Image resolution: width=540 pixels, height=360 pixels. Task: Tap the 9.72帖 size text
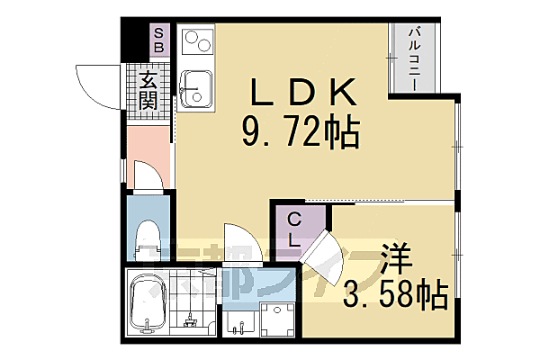coord(301,134)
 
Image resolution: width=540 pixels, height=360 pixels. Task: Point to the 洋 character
coord(397,257)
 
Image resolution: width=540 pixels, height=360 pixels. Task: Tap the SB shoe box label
coord(158,40)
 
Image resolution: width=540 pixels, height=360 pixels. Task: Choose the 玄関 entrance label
coord(149,91)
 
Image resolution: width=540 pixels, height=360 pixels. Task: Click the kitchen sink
coord(195,87)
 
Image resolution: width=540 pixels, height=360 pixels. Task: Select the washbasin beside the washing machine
coord(238,324)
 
